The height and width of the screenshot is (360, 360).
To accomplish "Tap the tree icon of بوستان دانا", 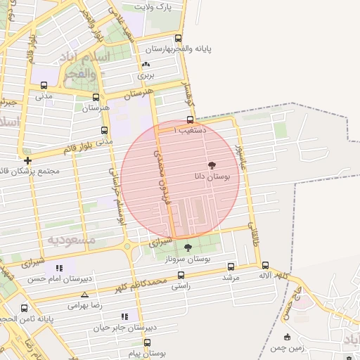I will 212,165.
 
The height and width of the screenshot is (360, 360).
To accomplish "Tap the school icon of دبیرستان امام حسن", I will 59,268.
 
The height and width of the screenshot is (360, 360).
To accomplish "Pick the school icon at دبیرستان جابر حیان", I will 125,316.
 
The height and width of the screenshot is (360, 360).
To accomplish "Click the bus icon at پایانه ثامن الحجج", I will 25,308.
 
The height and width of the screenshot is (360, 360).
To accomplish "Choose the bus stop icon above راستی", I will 181,275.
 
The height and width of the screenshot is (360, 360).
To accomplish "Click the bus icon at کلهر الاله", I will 265,265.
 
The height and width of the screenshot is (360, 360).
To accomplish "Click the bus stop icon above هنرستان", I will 96,98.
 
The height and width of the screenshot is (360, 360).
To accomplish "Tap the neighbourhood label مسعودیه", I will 71,240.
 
